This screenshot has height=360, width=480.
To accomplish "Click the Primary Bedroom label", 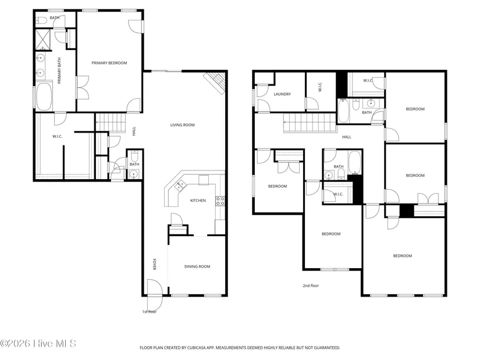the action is [109, 63].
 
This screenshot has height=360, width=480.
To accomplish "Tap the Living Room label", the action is [183, 125].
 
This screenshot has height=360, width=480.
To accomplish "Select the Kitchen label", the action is [198, 201].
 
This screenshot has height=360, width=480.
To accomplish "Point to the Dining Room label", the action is [197, 266].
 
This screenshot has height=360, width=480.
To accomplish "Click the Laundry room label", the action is [282, 94].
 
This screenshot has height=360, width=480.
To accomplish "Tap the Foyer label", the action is [155, 265].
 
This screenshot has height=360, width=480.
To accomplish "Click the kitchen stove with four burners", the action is [220, 201].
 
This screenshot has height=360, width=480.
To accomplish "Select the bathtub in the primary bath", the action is [44, 96].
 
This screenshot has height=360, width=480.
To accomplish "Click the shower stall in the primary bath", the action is [42, 39].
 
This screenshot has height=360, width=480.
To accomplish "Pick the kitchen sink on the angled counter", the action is [180, 185].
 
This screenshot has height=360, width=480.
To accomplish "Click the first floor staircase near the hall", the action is [111, 123].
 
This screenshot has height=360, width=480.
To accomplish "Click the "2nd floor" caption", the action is [311, 286].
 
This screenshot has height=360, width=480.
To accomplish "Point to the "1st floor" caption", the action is [149, 312].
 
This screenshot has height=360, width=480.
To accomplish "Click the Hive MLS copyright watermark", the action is [38, 344].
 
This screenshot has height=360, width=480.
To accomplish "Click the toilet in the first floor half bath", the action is [134, 156].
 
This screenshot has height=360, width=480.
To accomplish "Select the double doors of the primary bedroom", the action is [83, 88].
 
